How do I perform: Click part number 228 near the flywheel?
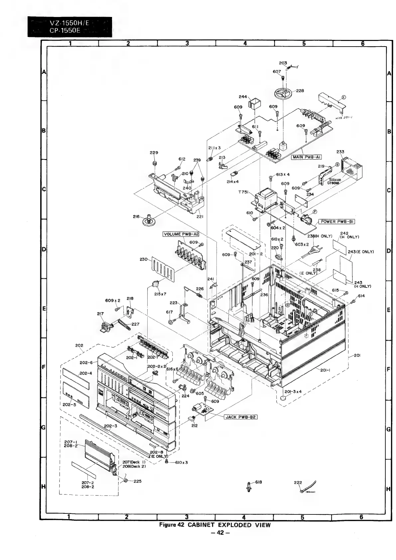tap(300, 91)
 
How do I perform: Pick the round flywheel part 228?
tap(284, 93)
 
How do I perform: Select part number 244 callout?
tap(243, 97)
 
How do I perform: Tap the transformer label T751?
tap(243, 192)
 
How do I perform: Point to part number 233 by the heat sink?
tap(340, 152)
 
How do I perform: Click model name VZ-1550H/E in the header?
tap(69, 23)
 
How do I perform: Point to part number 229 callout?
tap(154, 153)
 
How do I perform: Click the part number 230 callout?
tap(144, 260)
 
